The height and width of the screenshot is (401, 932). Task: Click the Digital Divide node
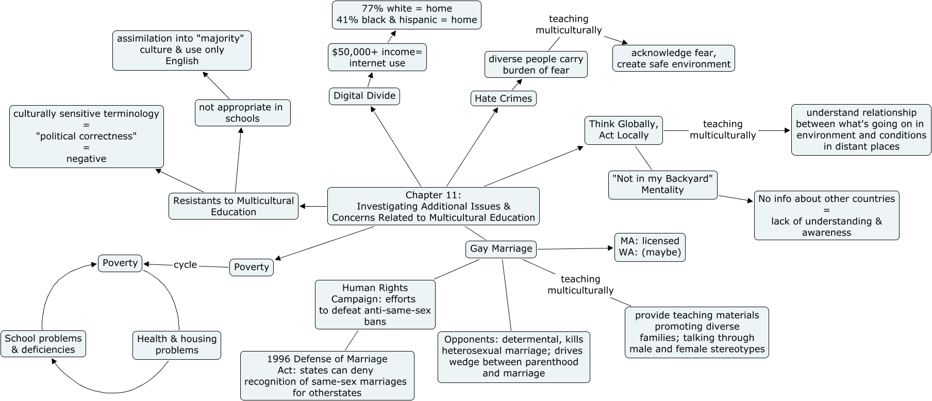pyautogui.click(x=364, y=96)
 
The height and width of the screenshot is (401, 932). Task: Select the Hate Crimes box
pyautogui.click(x=503, y=98)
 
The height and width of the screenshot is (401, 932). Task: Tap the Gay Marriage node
pyautogui.click(x=501, y=249)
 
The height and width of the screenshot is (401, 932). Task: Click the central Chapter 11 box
pyautogui.click(x=433, y=206)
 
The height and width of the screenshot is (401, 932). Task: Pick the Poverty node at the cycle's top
pyautogui.click(x=120, y=263)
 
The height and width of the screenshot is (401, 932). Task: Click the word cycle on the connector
pyautogui.click(x=185, y=264)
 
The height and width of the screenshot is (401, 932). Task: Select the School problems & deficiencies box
pyautogui.click(x=43, y=344)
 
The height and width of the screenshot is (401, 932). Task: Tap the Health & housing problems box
pyautogui.click(x=176, y=345)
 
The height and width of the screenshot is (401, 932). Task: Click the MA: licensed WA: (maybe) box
pyautogui.click(x=650, y=247)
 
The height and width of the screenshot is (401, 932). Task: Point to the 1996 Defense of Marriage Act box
pyautogui.click(x=327, y=376)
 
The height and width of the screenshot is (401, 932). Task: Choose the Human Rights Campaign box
pyautogui.click(x=375, y=305)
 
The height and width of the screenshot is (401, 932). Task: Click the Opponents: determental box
pyautogui.click(x=513, y=357)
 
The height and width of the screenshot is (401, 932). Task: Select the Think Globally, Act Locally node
pyautogui.click(x=623, y=130)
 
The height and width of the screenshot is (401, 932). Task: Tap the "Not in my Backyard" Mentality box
pyautogui.click(x=662, y=185)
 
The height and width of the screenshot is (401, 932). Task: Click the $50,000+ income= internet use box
pyautogui.click(x=377, y=57)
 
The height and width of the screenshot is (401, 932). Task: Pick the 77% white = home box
pyautogui.click(x=406, y=14)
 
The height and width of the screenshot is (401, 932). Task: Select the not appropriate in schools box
pyautogui.click(x=242, y=113)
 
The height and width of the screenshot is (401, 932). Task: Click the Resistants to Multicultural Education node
pyautogui.click(x=233, y=206)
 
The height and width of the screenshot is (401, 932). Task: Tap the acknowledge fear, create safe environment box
pyautogui.click(x=673, y=58)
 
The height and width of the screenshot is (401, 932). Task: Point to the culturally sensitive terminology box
pyautogui.click(x=86, y=137)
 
